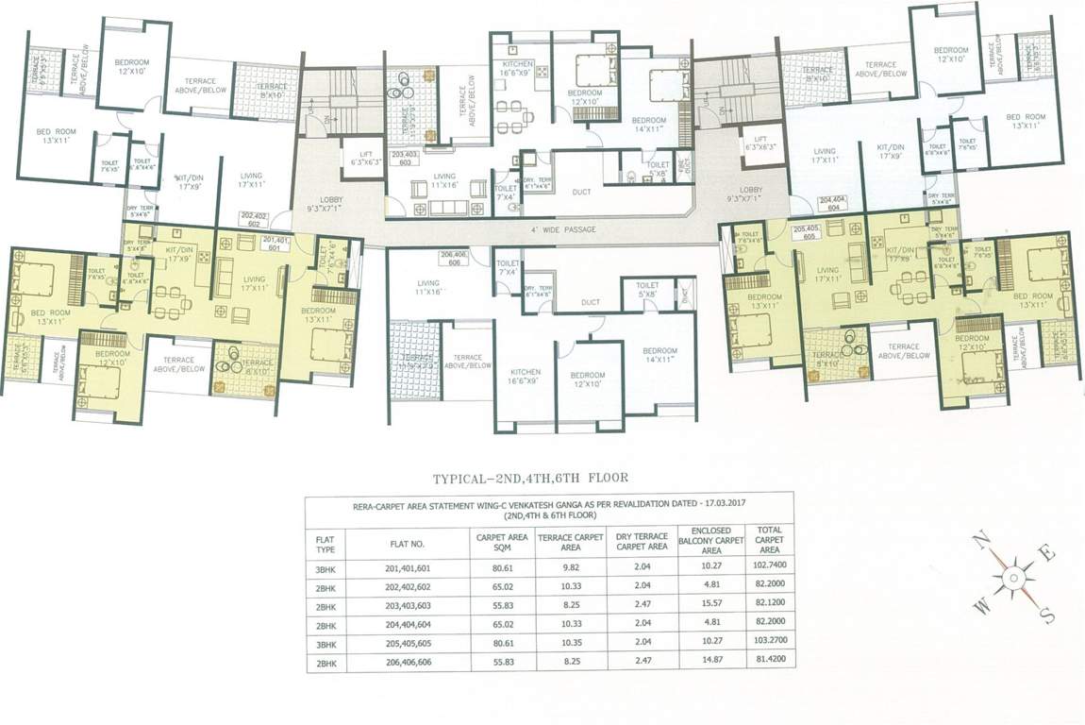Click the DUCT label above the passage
pyautogui.click(x=581, y=193)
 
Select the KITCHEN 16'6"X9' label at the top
pyautogui.click(x=518, y=68)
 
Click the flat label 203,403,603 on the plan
pyautogui.click(x=404, y=157)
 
